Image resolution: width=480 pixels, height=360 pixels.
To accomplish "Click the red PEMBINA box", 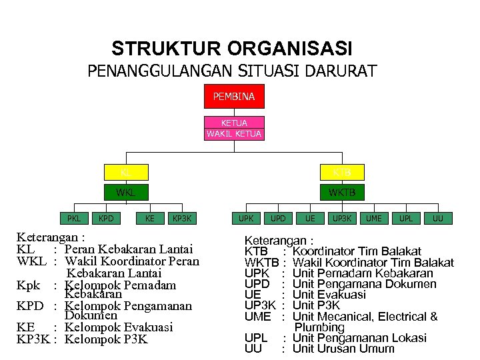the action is coord(234,97).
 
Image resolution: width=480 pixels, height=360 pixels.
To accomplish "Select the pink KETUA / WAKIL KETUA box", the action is coord(234,128).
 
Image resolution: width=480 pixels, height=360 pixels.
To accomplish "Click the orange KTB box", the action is coord(342,173).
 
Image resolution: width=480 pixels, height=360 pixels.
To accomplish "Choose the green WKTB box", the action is coord(342,193).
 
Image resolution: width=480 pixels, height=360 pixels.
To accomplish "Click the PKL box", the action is coord(74,218).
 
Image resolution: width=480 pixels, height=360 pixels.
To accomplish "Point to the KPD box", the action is coord(105,218).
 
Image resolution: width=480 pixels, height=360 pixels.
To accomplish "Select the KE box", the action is coord(150,218).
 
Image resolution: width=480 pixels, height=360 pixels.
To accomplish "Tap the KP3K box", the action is coord(181,218).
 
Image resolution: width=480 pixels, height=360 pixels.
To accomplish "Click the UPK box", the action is coord(246,218).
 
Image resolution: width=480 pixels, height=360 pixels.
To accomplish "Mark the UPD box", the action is coord(278,218).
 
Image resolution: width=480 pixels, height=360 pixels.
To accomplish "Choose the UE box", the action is coord(310,218).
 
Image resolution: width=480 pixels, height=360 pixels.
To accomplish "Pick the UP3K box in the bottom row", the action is coord(342,218).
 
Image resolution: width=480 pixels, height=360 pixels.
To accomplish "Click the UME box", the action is coord(374,218).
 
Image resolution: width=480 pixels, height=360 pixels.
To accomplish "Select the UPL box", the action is coord(406,218).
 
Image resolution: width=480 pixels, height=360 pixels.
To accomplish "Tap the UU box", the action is coord(438,218).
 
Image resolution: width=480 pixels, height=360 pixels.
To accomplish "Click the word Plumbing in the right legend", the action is coord(319,327).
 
